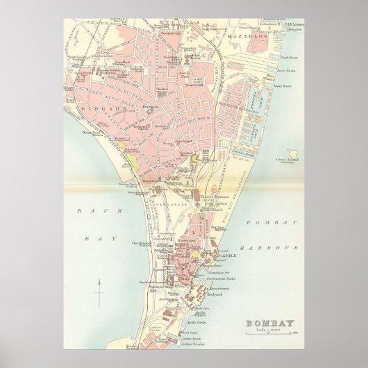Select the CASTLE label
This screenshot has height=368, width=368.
click(230, 255)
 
